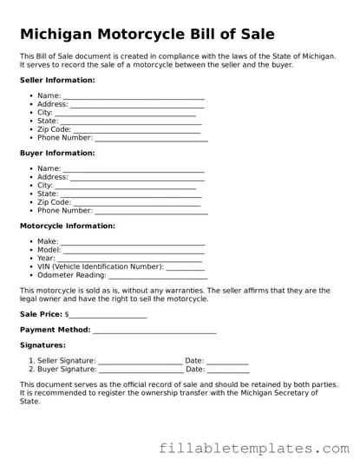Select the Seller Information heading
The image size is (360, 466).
tap(57, 80)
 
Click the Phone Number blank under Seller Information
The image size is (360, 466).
tap(151, 138)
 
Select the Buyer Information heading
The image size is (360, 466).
tap(57, 153)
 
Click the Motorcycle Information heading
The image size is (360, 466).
tap(67, 226)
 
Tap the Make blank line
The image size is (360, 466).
tap(133, 242)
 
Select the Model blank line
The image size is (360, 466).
tap(134, 251)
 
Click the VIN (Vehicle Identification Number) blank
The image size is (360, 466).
tap(185, 267)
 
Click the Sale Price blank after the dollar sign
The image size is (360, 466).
tap(108, 314)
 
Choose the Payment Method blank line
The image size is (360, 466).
tap(154, 331)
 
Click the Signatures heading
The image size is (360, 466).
tap(43, 345)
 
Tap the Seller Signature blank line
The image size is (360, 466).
tap(140, 361)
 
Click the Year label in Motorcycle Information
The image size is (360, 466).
tap(46, 259)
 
